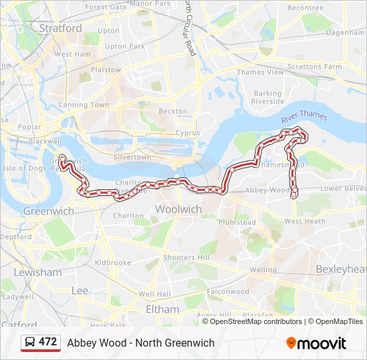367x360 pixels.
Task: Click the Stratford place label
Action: [x=61, y=29]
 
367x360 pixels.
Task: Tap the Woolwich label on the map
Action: [x=178, y=209]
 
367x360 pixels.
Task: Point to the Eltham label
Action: [x=163, y=309]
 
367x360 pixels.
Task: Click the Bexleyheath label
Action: [x=340, y=269]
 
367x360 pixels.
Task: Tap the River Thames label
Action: [x=304, y=117]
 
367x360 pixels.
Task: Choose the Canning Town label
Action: [x=83, y=105]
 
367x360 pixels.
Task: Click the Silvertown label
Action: [x=132, y=157]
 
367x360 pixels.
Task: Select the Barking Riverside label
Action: [x=268, y=97]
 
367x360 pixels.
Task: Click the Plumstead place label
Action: [x=237, y=223]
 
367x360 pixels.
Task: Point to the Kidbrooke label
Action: [x=113, y=263]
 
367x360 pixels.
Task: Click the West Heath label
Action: [x=305, y=221]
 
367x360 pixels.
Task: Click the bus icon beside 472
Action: [x=30, y=342]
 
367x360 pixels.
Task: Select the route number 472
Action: [x=48, y=342]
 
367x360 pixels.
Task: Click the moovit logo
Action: [x=316, y=343]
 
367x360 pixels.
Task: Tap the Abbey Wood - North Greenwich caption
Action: [x=141, y=343]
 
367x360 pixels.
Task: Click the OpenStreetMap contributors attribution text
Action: [x=256, y=321]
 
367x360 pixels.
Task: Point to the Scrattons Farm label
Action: [x=314, y=67]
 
